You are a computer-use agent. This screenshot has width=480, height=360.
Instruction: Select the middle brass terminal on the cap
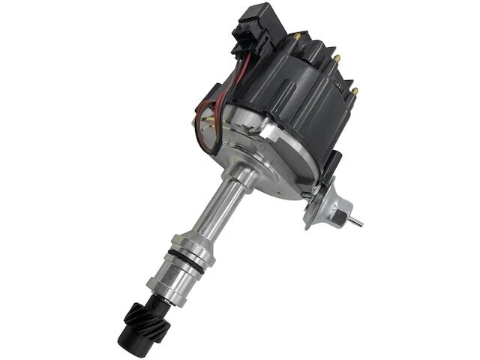[337, 58]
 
